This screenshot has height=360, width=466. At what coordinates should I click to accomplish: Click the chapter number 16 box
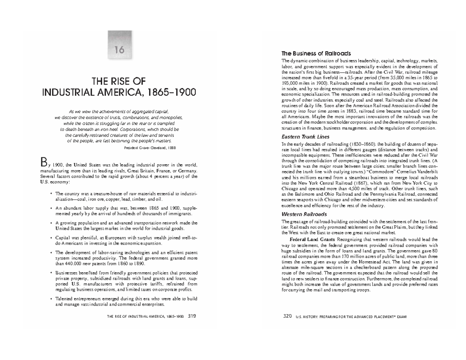116,51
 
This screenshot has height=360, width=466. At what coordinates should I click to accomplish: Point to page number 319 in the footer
191,317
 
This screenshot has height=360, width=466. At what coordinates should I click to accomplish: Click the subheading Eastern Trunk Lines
305,137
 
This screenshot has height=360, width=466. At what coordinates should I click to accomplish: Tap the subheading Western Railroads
304,214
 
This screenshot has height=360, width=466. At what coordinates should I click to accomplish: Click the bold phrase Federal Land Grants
313,240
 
